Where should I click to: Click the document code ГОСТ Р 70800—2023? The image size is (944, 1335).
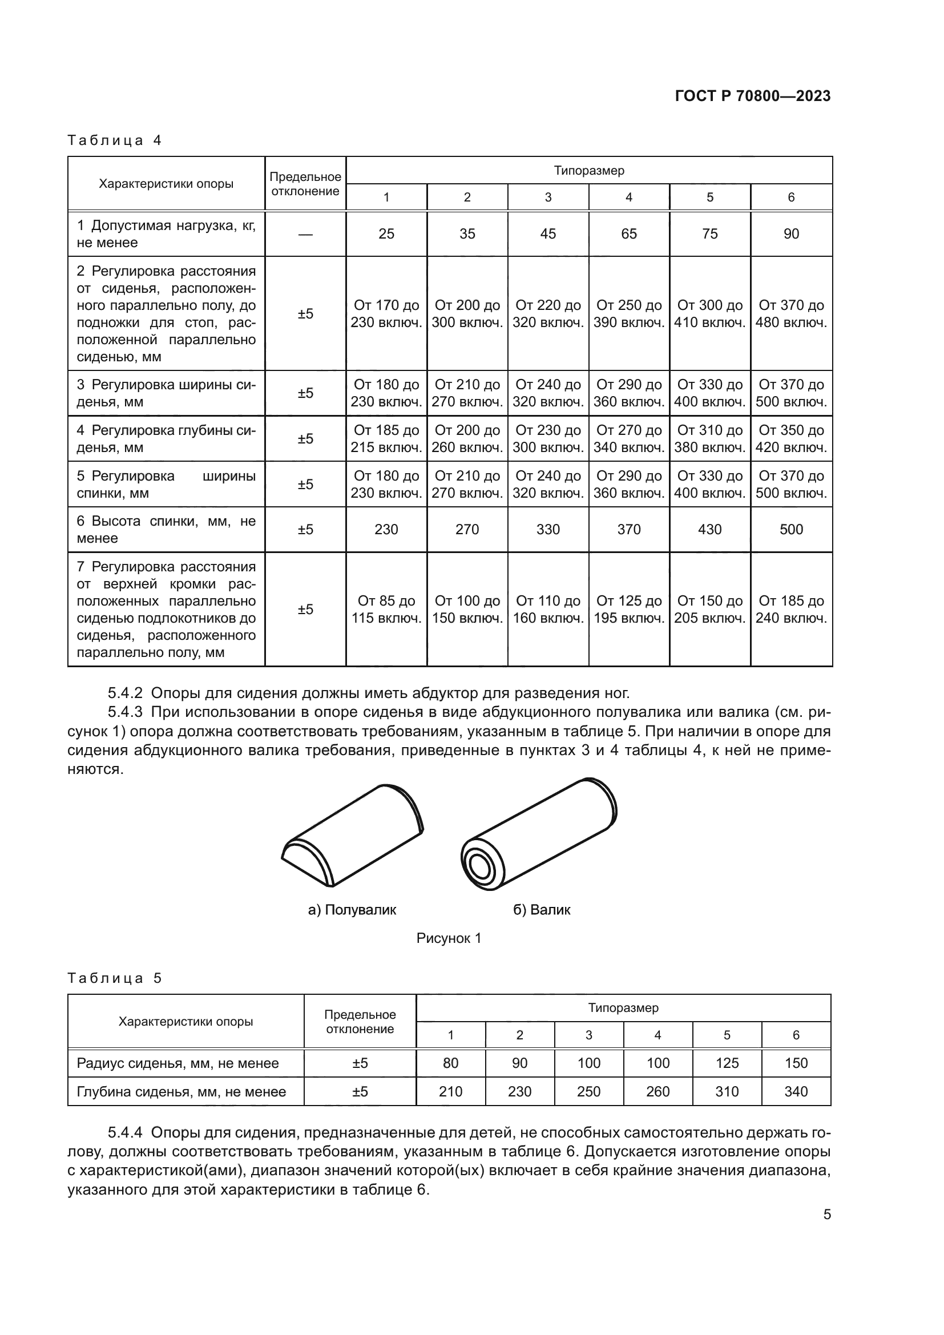pyautogui.click(x=753, y=96)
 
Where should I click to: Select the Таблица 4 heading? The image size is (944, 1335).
pyautogui.click(x=115, y=140)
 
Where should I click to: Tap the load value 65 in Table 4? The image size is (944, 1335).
pyautogui.click(x=628, y=234)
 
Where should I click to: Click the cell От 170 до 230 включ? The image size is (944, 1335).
pyautogui.click(x=386, y=314)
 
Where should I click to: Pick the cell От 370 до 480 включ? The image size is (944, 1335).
pyautogui.click(x=790, y=314)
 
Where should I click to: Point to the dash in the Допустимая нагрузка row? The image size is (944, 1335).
pyautogui.click(x=305, y=234)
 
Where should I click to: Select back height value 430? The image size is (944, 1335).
pyautogui.click(x=709, y=529)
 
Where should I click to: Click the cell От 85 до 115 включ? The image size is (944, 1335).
pyautogui.click(x=386, y=610)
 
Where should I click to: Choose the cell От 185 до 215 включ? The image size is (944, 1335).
pyautogui.click(x=386, y=439)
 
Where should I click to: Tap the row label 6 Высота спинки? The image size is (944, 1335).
pyautogui.click(x=166, y=529)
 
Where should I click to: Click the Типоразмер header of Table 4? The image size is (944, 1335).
pyautogui.click(x=588, y=170)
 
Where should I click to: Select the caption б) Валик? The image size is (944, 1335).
pyautogui.click(x=541, y=910)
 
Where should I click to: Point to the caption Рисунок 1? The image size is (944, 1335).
pyautogui.click(x=449, y=938)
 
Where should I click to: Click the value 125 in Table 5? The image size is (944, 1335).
pyautogui.click(x=727, y=1063)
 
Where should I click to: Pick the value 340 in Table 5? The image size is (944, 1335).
pyautogui.click(x=796, y=1091)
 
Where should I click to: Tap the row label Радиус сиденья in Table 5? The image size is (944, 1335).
pyautogui.click(x=177, y=1063)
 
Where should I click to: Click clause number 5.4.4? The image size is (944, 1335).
pyautogui.click(x=125, y=1132)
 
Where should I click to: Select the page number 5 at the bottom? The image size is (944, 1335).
pyautogui.click(x=826, y=1215)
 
